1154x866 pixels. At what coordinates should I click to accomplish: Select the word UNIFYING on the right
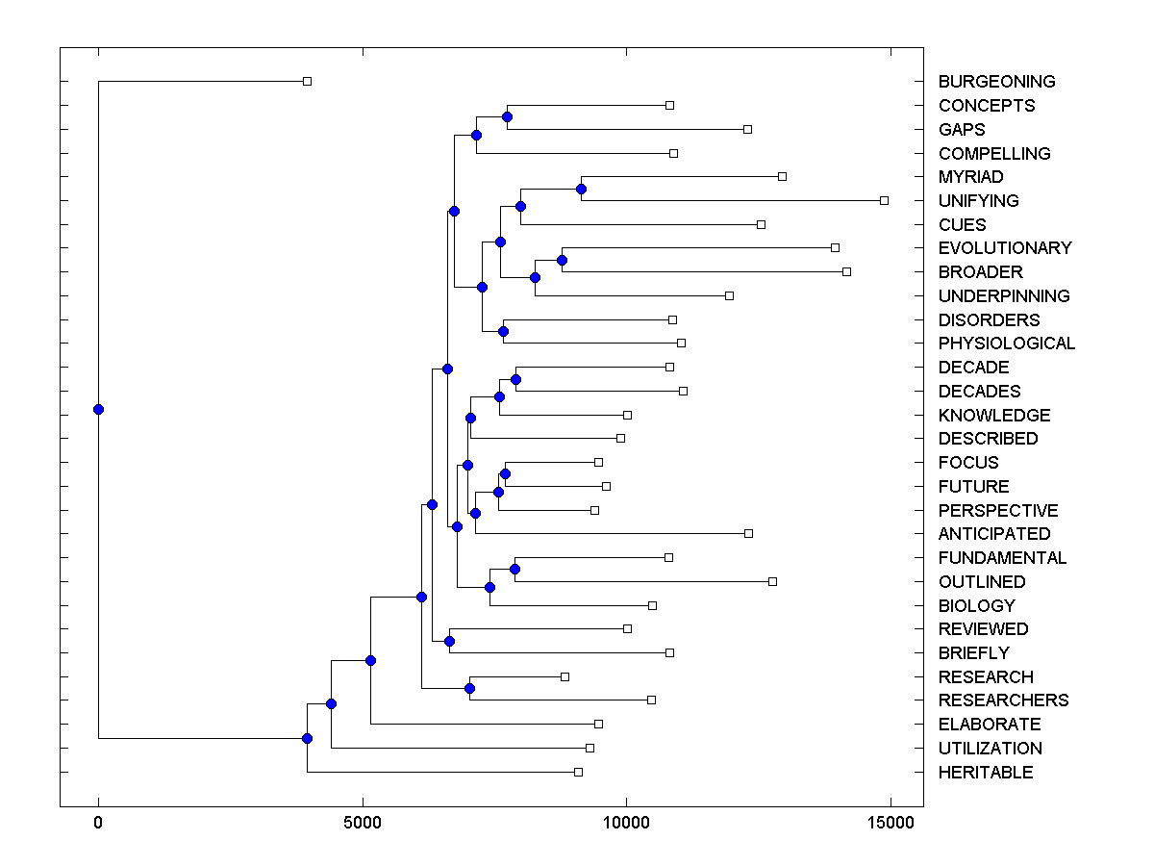point(978,201)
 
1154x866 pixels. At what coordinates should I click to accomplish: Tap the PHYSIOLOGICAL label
point(1006,344)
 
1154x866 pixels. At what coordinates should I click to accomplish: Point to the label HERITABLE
point(986,773)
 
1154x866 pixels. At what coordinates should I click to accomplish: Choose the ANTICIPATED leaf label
point(994,534)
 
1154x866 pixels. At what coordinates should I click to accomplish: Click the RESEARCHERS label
point(1003,700)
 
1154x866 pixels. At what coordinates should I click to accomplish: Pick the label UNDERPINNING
point(1004,296)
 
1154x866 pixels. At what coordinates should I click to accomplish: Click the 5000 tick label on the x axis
point(362,823)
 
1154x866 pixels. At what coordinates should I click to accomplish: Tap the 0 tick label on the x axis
point(98,823)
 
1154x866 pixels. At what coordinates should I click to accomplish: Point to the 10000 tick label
point(626,823)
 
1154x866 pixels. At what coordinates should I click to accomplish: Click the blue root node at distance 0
point(98,409)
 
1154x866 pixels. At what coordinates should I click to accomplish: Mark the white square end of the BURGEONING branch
point(307,82)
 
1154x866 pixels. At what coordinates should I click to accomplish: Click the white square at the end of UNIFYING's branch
point(884,200)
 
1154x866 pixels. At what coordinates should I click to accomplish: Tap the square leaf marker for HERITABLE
point(578,772)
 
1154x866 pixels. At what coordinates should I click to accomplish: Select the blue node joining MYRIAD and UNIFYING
point(581,189)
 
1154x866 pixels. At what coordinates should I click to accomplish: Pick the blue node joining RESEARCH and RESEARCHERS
point(469,688)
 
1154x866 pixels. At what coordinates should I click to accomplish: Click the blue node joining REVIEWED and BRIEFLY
point(449,641)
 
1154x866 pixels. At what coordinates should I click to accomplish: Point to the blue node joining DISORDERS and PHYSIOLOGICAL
point(503,331)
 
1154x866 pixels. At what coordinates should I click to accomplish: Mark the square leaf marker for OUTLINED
point(772,581)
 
